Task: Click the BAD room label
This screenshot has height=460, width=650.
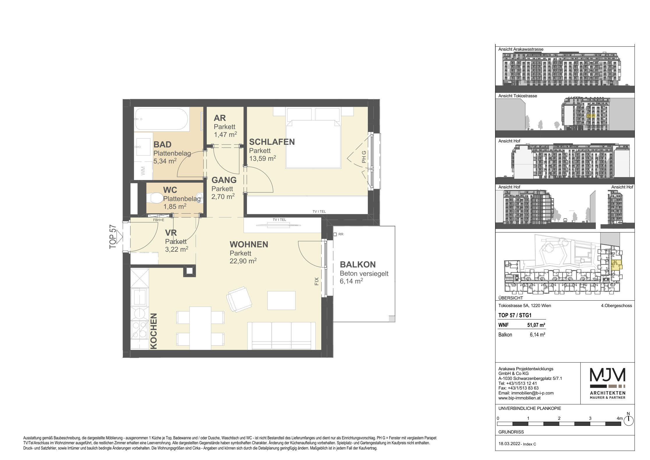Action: [162, 144]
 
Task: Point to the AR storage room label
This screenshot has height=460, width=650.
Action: [220, 118]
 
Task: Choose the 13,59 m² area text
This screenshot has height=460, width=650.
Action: [262, 158]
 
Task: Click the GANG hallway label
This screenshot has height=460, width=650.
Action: [224, 180]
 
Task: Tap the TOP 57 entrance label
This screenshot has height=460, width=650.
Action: [113, 237]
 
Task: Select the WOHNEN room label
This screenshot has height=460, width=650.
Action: [249, 244]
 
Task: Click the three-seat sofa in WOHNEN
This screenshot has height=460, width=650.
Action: [281, 336]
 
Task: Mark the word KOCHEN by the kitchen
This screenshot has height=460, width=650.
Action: [153, 331]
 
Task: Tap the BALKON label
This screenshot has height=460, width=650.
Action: [358, 265]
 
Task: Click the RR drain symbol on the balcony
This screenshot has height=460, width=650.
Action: [335, 234]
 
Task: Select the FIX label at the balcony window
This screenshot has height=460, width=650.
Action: [317, 281]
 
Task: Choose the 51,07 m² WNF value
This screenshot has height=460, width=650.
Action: [536, 325]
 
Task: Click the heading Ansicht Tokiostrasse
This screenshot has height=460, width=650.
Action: [517, 96]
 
